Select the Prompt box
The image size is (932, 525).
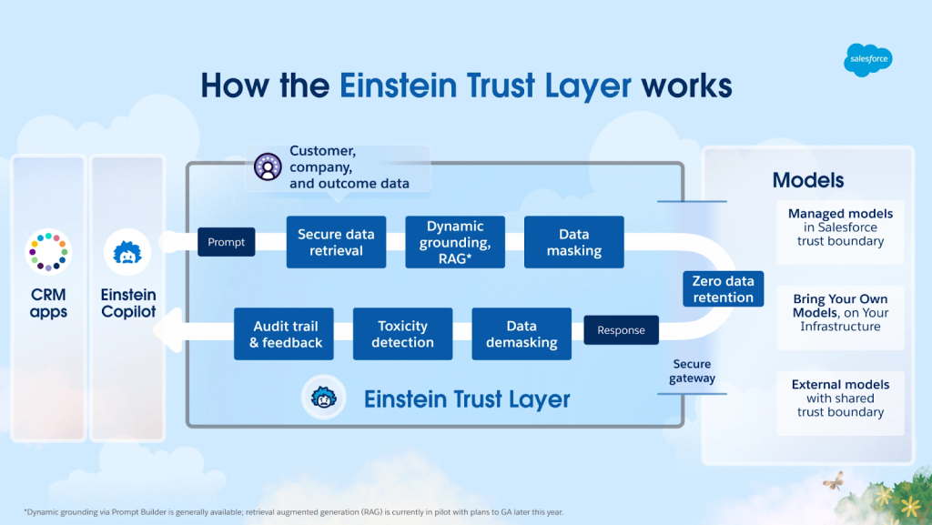[x=226, y=242]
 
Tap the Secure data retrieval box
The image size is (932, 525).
[x=336, y=242]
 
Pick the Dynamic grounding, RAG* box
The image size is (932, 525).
[x=454, y=242]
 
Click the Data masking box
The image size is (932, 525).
[x=573, y=242]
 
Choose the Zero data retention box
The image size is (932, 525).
[x=723, y=289]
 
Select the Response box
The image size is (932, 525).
[x=621, y=330]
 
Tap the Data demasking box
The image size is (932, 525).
[x=521, y=334]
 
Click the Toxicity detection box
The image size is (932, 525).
[x=402, y=334]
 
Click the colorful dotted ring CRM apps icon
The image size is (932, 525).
[x=47, y=251]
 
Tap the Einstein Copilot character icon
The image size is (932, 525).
[x=127, y=252]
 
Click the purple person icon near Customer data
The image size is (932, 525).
[x=267, y=167]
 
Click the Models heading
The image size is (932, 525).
[x=808, y=180]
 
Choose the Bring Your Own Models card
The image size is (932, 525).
[x=840, y=313]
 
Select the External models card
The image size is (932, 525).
[x=840, y=398]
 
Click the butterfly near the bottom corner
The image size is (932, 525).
[x=832, y=480]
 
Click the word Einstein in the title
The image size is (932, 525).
[x=394, y=86]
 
